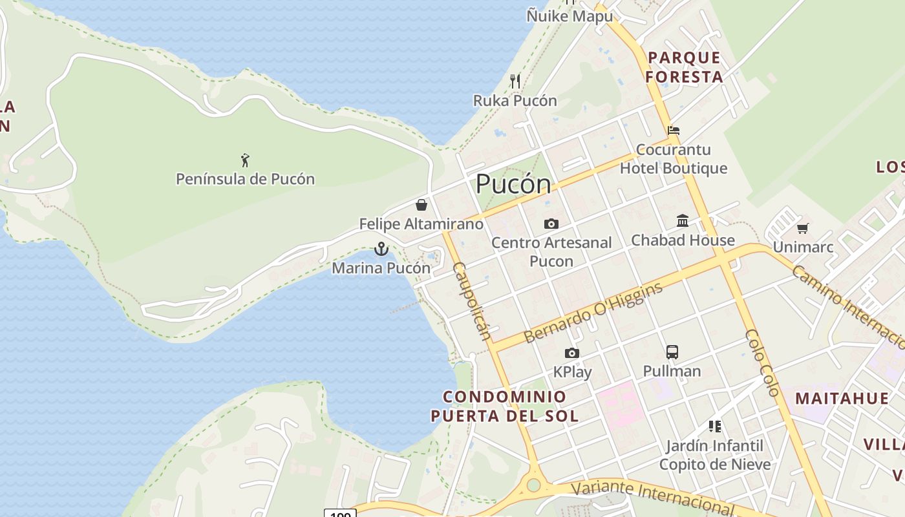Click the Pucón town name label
click(x=513, y=185)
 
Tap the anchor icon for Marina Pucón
click(x=381, y=249)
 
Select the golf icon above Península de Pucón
click(x=245, y=160)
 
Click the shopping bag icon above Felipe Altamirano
click(x=421, y=205)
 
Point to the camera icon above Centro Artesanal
click(x=551, y=224)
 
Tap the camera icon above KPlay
click(x=572, y=353)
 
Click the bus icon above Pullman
click(x=672, y=352)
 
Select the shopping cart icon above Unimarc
click(x=803, y=227)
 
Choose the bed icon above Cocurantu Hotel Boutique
click(x=674, y=130)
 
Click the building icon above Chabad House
click(x=683, y=221)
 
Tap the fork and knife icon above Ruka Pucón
click(x=515, y=81)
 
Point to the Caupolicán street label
click(x=472, y=301)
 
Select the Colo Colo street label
click(x=763, y=362)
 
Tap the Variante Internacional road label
click(x=653, y=496)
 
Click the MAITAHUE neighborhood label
click(x=842, y=398)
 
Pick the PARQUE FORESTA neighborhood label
click(x=684, y=67)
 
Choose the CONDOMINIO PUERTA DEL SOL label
click(x=505, y=406)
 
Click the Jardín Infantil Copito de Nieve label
click(x=715, y=455)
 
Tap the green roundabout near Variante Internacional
click(x=533, y=485)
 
